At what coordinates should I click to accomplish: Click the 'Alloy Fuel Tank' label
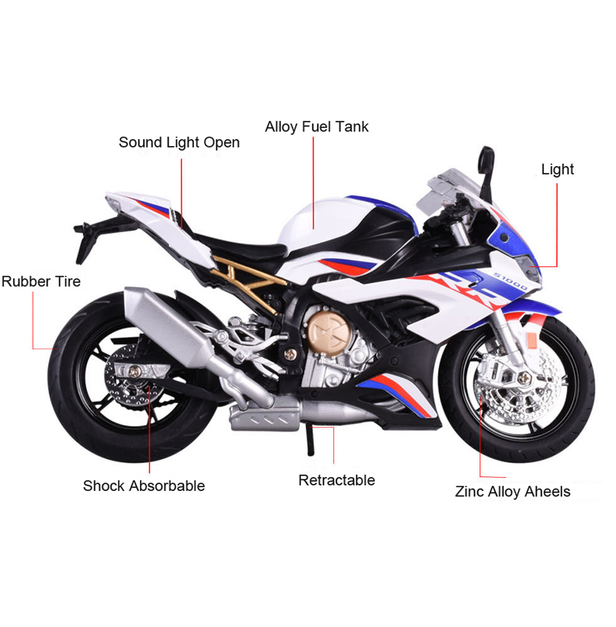(316, 126)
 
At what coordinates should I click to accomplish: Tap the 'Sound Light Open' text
(179, 142)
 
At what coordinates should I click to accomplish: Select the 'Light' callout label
(557, 169)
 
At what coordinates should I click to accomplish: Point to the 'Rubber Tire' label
(41, 281)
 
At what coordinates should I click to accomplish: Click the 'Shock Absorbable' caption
(144, 485)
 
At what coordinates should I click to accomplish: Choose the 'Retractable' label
(336, 480)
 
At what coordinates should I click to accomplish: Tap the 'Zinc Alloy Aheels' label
(513, 491)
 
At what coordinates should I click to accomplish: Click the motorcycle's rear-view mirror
(485, 162)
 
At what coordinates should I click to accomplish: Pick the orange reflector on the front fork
(531, 342)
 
